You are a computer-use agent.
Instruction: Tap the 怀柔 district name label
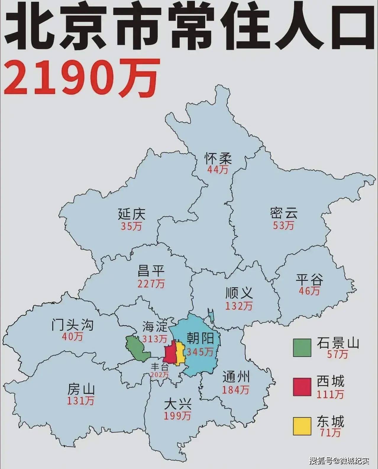pos(218,158)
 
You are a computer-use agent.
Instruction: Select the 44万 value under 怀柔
pos(218,170)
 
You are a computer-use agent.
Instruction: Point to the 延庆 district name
pos(132,214)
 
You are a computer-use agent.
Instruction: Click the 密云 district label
pos(283,213)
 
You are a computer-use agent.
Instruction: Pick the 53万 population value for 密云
pos(283,225)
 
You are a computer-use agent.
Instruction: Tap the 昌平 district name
pos(151,270)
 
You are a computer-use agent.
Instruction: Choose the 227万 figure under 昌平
pos(151,284)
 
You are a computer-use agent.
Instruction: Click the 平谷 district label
pos(309,279)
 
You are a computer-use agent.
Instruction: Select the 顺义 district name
pos(239,293)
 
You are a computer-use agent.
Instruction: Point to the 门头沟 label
pos(72,324)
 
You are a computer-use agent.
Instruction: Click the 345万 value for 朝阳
pos(200,352)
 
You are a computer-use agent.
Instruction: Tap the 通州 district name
pos(236,377)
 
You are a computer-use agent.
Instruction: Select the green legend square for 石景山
pos(302,348)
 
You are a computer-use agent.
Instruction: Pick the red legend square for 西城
pos(302,387)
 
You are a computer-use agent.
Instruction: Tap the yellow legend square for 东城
pos(302,426)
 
